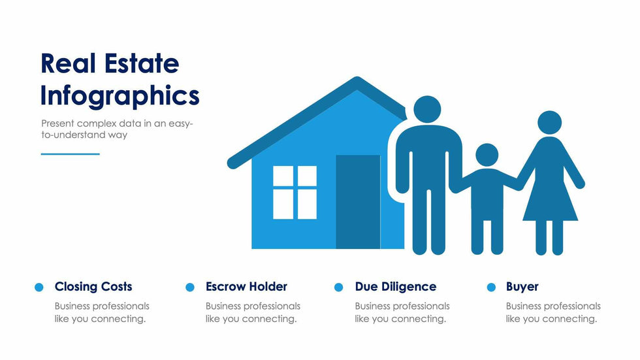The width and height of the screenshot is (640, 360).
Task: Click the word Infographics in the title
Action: [x=120, y=96]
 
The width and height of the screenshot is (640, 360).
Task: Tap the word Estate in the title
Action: [x=142, y=63]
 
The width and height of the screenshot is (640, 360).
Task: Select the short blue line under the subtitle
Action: [x=71, y=154]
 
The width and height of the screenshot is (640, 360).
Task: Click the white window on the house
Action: [x=295, y=192]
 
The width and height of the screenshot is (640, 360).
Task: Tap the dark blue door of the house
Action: [x=358, y=202]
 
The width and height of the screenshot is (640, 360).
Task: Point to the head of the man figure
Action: [x=427, y=109]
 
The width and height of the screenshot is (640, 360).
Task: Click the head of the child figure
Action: [x=487, y=155]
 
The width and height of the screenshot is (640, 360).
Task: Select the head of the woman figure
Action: [x=549, y=122]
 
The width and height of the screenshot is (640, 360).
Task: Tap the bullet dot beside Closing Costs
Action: [x=39, y=287]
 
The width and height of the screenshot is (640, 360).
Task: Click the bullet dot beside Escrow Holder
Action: [x=190, y=287]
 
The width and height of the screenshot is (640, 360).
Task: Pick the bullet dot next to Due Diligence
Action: [x=338, y=287]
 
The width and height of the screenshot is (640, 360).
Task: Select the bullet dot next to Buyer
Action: [x=491, y=287]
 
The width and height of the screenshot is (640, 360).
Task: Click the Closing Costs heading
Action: [x=93, y=287]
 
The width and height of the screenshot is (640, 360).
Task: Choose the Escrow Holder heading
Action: [x=247, y=287]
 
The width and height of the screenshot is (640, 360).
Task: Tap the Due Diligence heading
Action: [x=396, y=287]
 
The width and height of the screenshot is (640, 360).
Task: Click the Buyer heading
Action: [x=522, y=287]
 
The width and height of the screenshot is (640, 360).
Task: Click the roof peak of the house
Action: [x=357, y=79]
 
